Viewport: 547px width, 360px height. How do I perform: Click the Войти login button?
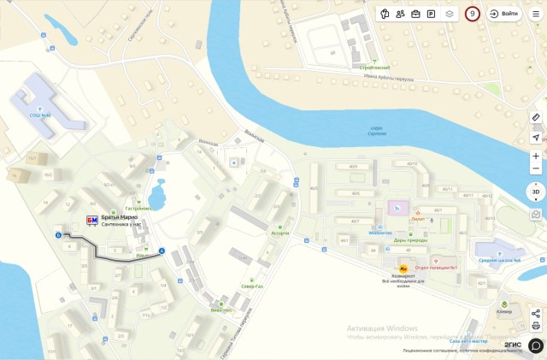[x=504, y=14]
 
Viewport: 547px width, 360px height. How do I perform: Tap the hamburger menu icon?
[x=536, y=14]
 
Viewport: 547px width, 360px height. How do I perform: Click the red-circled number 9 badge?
[x=473, y=14]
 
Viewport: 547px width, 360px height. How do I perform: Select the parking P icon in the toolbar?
[x=432, y=14]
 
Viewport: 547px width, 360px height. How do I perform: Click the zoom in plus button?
[x=536, y=156]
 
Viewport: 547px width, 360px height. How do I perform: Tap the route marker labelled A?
[x=162, y=251]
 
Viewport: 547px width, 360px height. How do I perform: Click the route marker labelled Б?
[x=58, y=234]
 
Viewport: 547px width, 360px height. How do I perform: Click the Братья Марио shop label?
[x=119, y=217]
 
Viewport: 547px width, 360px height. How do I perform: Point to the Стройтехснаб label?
[x=374, y=68]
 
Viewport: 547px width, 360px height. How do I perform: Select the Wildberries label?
[x=380, y=233]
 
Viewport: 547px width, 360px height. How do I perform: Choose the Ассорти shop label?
[x=279, y=233]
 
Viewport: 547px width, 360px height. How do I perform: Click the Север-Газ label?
[x=252, y=286]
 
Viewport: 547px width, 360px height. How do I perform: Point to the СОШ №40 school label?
[x=39, y=115]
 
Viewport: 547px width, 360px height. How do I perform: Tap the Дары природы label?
[x=410, y=240]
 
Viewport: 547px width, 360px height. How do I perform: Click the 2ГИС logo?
[x=513, y=344]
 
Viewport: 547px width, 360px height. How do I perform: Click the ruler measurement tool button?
[x=536, y=117]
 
